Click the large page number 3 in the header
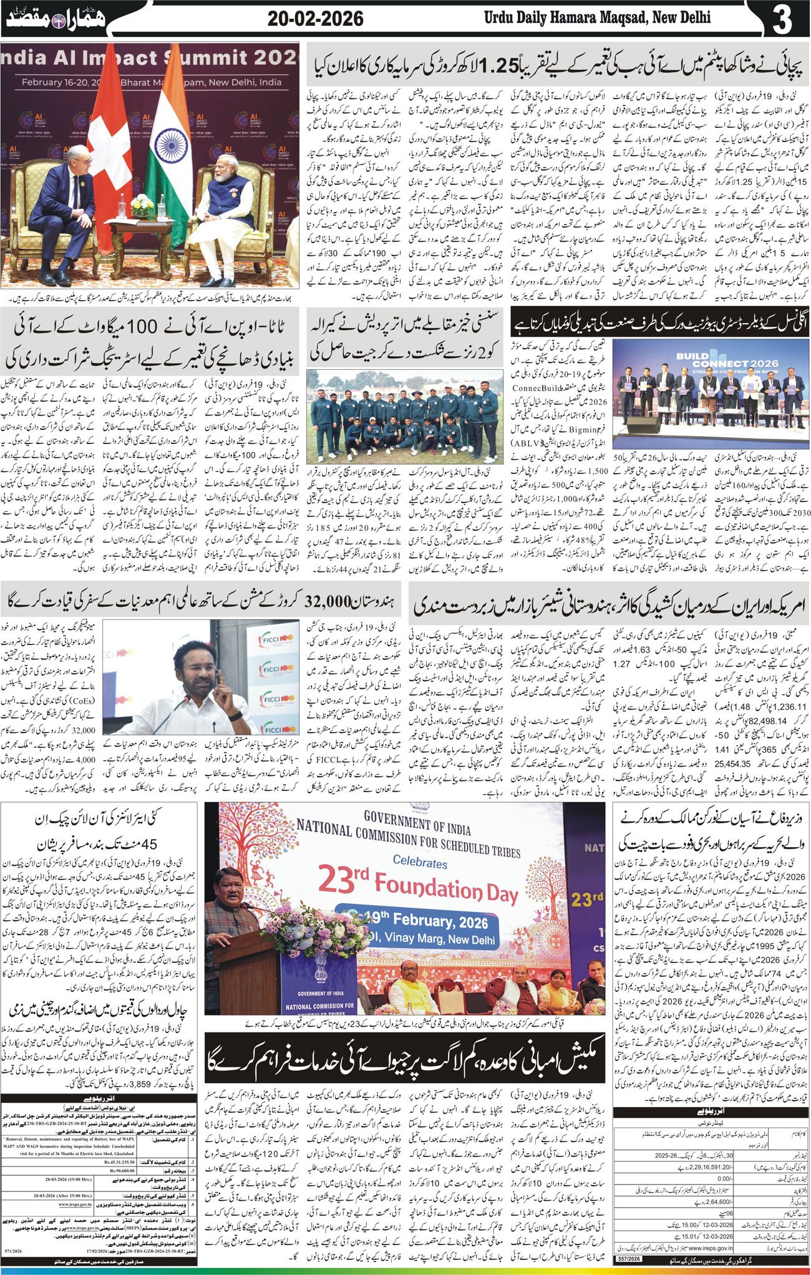click(782, 18)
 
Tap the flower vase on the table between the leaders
click(142, 203)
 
